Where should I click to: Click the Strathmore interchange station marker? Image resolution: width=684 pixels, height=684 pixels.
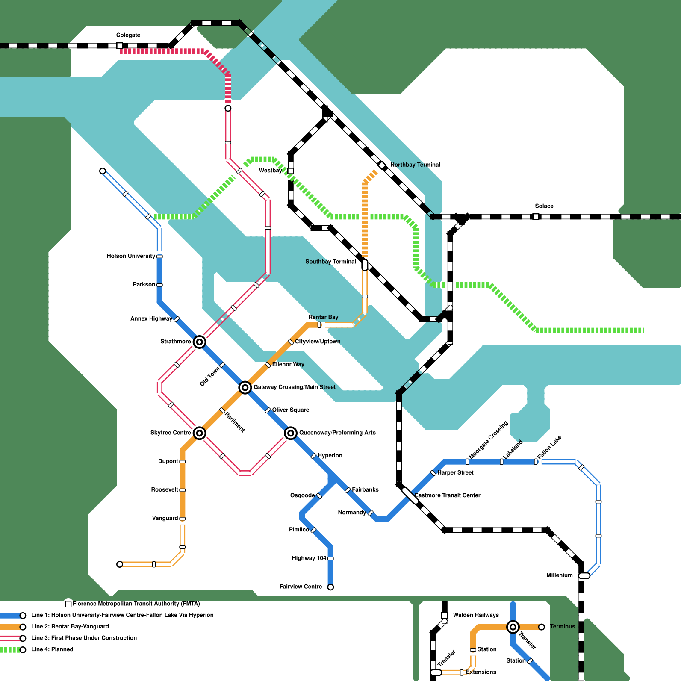click(x=199, y=342)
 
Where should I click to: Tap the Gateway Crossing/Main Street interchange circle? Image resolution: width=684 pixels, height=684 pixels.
click(x=245, y=387)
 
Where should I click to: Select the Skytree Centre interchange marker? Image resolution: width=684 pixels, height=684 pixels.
click(x=199, y=433)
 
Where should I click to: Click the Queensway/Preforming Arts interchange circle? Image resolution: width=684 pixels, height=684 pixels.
click(x=291, y=433)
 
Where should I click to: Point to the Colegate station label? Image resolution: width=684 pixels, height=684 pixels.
click(x=128, y=35)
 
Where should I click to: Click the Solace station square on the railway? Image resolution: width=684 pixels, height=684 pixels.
click(x=536, y=217)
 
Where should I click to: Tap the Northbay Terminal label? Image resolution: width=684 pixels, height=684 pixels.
click(x=415, y=165)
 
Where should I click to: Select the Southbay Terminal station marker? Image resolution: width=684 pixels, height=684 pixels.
click(x=365, y=265)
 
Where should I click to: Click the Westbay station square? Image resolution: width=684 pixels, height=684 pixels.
click(x=291, y=171)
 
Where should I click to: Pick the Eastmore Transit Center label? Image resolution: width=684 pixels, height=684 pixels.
click(x=448, y=495)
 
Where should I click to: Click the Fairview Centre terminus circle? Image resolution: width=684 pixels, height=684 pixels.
click(x=330, y=587)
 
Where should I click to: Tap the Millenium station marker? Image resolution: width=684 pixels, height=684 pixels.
click(x=584, y=576)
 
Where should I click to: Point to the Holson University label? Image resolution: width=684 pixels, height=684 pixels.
click(x=131, y=256)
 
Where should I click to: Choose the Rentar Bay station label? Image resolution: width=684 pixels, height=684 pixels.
click(x=323, y=317)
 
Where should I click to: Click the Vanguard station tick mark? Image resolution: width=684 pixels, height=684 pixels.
click(x=182, y=519)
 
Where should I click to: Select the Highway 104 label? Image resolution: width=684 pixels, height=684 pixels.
click(x=309, y=558)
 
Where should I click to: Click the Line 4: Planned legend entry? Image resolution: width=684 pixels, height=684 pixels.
click(x=52, y=649)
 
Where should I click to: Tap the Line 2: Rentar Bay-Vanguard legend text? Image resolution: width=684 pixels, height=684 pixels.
click(x=70, y=626)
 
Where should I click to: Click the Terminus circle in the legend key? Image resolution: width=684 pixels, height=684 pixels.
click(x=542, y=627)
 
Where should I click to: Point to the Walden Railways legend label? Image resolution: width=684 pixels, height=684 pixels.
click(x=476, y=615)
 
